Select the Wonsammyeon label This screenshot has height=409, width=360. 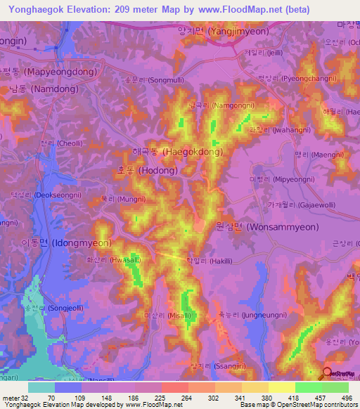(264, 227)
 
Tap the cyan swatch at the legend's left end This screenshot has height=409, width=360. (41, 387)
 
